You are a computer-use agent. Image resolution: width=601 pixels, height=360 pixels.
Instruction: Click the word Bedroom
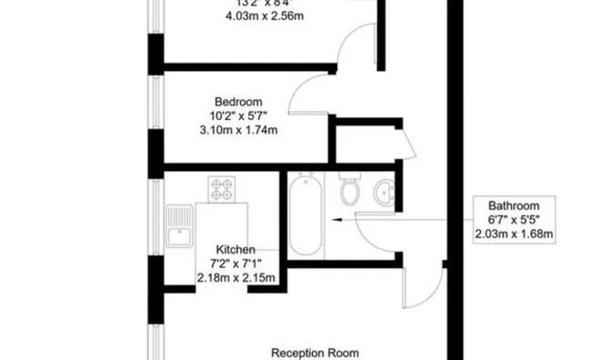[x=238, y=101]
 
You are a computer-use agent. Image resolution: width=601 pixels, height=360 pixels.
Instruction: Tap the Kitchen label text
[x=235, y=249]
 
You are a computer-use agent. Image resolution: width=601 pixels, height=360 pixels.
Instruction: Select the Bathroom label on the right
[x=515, y=205]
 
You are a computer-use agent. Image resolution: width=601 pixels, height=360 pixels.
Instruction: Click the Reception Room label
[x=315, y=352]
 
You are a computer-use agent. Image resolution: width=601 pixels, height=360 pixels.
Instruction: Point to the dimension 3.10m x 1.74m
[x=238, y=130]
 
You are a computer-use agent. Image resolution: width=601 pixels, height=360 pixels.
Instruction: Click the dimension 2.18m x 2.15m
[x=235, y=278]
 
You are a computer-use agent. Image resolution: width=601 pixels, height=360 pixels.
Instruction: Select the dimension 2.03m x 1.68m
[x=515, y=235]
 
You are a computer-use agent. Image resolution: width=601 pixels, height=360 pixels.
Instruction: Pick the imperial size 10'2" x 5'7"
[x=238, y=115]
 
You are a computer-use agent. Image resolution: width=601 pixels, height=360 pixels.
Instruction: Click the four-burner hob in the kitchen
[x=222, y=189]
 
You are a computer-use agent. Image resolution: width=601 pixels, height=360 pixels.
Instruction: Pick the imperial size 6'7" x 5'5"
[x=515, y=220]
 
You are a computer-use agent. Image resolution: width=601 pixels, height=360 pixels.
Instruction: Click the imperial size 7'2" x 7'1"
[x=235, y=264]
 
